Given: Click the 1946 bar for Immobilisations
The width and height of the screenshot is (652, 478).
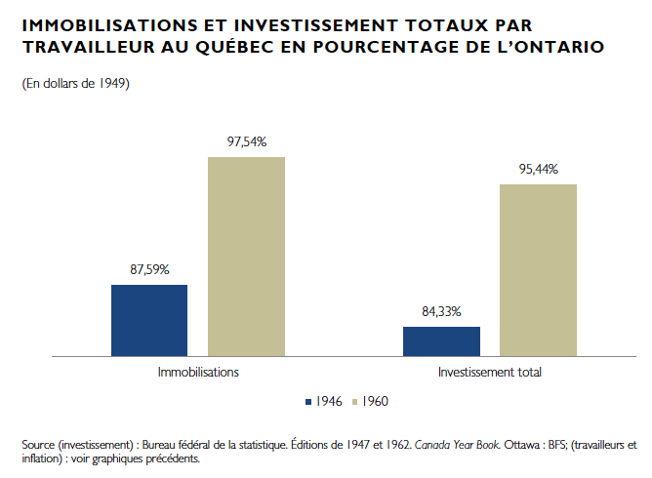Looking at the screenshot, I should [x=149, y=320].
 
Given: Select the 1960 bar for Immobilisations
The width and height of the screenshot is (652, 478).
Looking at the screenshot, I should [x=246, y=257].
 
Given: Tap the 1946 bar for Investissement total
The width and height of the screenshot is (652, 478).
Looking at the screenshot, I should [x=441, y=341].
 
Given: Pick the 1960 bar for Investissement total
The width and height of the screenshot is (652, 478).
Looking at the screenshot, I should [x=538, y=270].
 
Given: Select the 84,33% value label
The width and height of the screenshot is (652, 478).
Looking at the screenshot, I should [x=441, y=312].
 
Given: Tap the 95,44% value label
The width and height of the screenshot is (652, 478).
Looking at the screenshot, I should [x=538, y=170].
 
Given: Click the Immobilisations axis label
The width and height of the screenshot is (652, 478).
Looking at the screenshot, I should [x=198, y=373].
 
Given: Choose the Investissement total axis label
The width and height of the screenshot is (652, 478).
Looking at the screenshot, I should [x=489, y=373].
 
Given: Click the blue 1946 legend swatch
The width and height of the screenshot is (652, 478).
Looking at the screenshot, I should [x=307, y=401].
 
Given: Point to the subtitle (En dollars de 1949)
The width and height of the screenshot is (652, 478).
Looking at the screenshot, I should [x=75, y=84].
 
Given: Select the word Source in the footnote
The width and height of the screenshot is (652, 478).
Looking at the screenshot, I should [x=38, y=444].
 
